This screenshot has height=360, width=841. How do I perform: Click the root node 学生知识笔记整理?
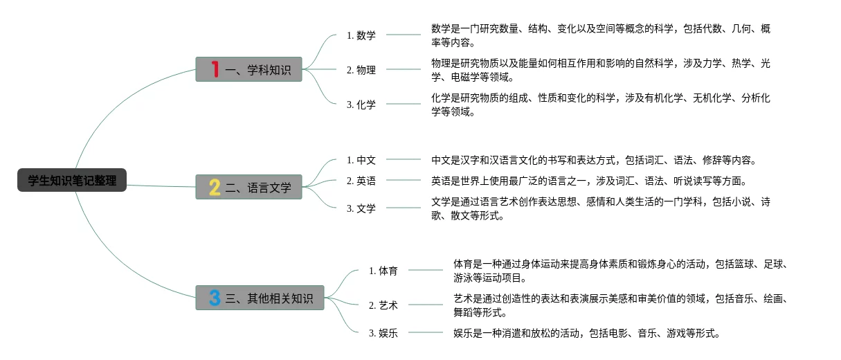72,181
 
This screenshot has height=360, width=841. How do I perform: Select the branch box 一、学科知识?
249,69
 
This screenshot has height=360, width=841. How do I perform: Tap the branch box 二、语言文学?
249,187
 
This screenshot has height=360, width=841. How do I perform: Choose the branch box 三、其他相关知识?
260,298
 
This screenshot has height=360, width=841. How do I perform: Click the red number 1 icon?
215,69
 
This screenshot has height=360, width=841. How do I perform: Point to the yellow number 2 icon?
215,187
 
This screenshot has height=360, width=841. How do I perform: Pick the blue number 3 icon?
215,298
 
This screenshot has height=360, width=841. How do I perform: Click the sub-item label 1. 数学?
361,35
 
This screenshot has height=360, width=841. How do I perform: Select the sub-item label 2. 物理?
361,70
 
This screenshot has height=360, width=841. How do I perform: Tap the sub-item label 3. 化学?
361,105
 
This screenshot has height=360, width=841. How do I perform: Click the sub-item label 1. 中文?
361,160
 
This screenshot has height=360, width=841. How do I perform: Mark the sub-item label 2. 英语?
361,181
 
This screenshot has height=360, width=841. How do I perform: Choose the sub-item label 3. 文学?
361,208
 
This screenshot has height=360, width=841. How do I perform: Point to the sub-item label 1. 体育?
383,271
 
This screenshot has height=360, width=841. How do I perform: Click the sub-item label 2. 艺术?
383,305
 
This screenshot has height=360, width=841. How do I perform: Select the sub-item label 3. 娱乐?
383,333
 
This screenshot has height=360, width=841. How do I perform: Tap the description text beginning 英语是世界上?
588,181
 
